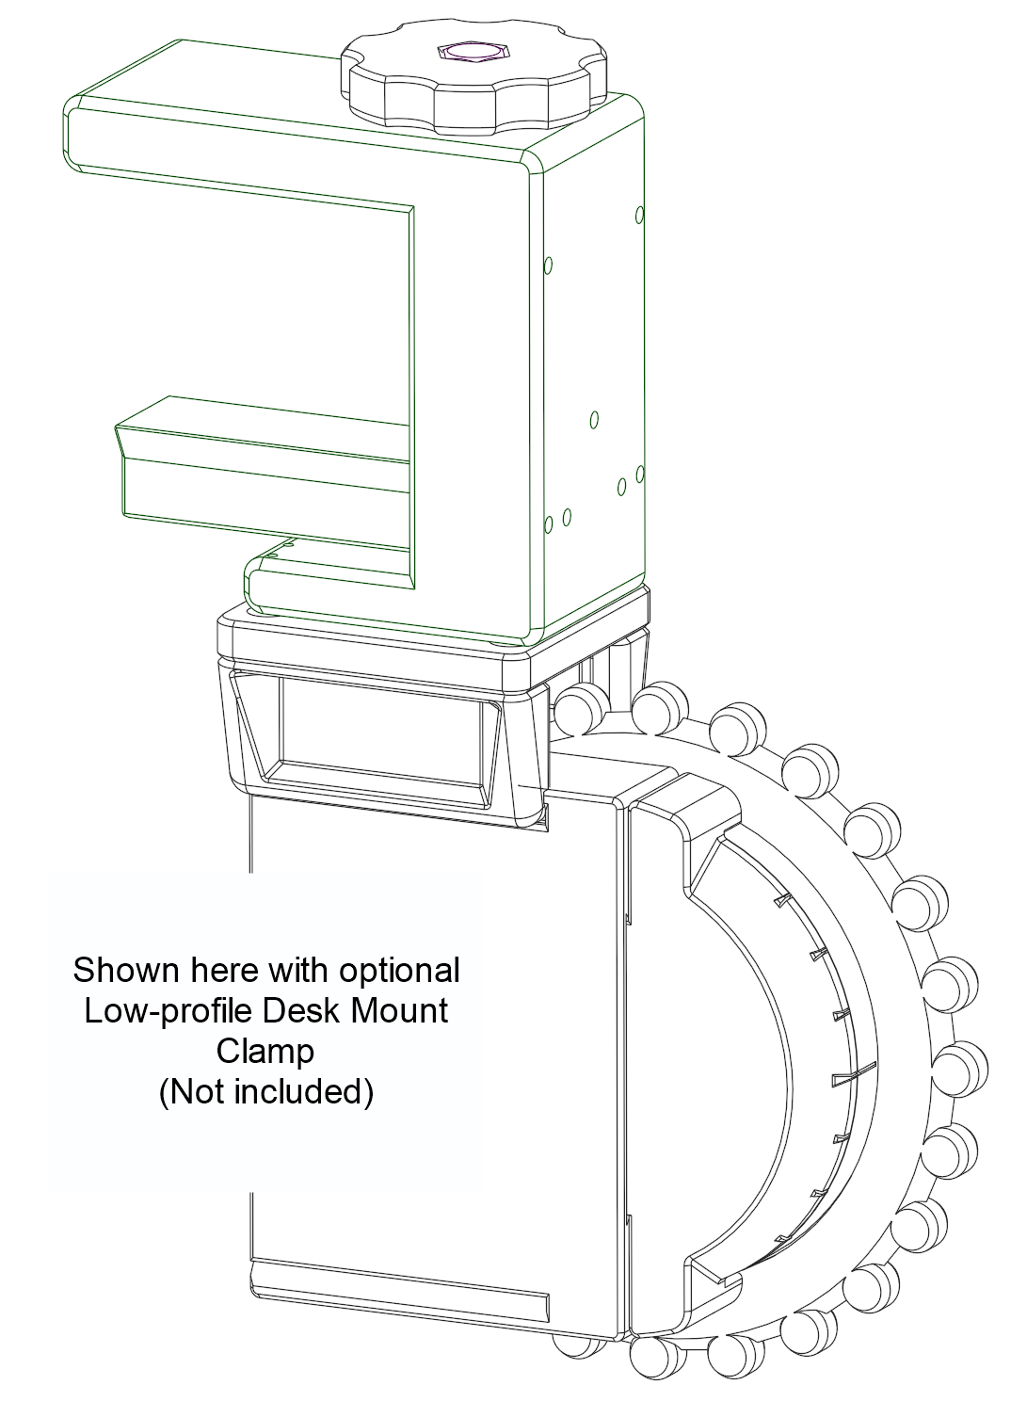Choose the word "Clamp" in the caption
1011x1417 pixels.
click(265, 1051)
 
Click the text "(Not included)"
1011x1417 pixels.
click(266, 1092)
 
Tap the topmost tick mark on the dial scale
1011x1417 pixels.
click(781, 902)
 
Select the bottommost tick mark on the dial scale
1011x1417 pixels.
click(780, 1237)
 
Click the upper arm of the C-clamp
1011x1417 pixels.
click(282, 141)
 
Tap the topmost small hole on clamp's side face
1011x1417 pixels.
click(640, 215)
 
